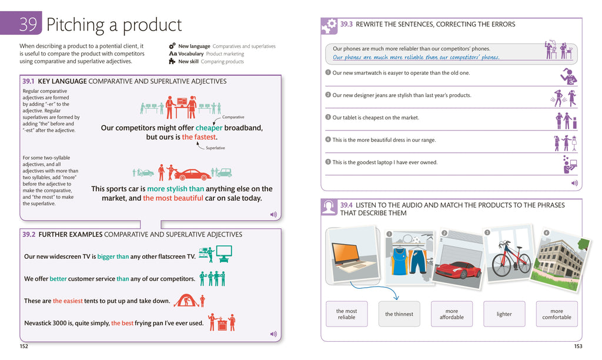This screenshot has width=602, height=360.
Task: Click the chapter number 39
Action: coord(28,25)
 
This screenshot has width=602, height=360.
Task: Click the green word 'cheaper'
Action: coord(209,128)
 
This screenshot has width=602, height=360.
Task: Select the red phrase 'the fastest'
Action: coord(199,137)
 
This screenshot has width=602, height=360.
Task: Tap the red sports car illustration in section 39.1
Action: coord(192,174)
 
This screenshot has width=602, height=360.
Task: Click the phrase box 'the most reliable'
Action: coord(346,314)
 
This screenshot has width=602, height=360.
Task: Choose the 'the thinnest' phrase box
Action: coord(399,314)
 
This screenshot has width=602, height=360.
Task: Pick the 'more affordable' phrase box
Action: coord(451,314)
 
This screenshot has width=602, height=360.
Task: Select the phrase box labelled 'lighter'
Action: coord(504,314)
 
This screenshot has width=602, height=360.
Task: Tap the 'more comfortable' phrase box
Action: coord(556,314)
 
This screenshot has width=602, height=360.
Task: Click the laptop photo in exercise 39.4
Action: coord(353,253)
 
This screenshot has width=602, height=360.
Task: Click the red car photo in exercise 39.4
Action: coord(458,268)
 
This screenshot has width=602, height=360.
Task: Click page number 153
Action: coord(578,346)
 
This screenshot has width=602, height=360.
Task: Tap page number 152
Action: coord(24,346)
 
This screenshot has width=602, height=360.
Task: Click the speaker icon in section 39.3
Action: coord(574,183)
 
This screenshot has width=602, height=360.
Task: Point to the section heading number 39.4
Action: coord(346,205)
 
